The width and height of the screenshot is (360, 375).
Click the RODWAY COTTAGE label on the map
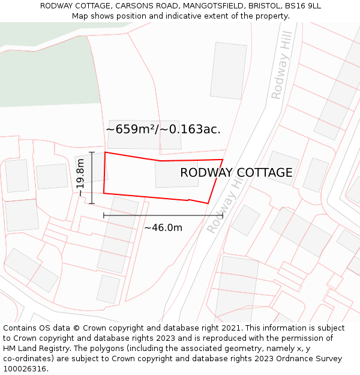coord(236,173)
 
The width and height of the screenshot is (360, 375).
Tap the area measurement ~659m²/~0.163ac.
coord(163,129)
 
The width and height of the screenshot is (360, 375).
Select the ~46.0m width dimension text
coord(163,228)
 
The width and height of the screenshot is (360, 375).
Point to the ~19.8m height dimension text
coord(81,178)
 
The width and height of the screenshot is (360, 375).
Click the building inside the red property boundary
coord(176,174)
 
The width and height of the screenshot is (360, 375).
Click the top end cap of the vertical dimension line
coord(92,152)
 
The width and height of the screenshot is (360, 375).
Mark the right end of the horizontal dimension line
coord(223,215)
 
